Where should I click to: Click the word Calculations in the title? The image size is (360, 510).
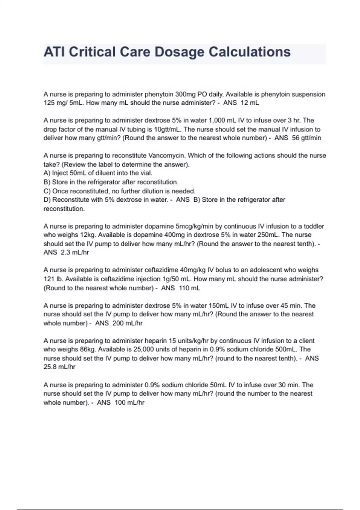click(x=250, y=52)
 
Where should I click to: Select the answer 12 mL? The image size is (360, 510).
click(x=250, y=103)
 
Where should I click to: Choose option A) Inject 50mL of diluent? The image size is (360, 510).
click(x=98, y=173)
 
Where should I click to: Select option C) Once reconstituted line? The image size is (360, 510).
click(x=119, y=191)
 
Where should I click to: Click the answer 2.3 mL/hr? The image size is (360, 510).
click(x=75, y=252)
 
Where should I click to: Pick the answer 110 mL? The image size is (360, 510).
click(x=190, y=288)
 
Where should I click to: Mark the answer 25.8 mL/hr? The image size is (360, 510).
click(x=59, y=367)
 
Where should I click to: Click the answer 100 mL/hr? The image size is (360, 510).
click(x=129, y=403)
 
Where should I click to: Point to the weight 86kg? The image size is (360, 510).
click(x=88, y=349)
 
